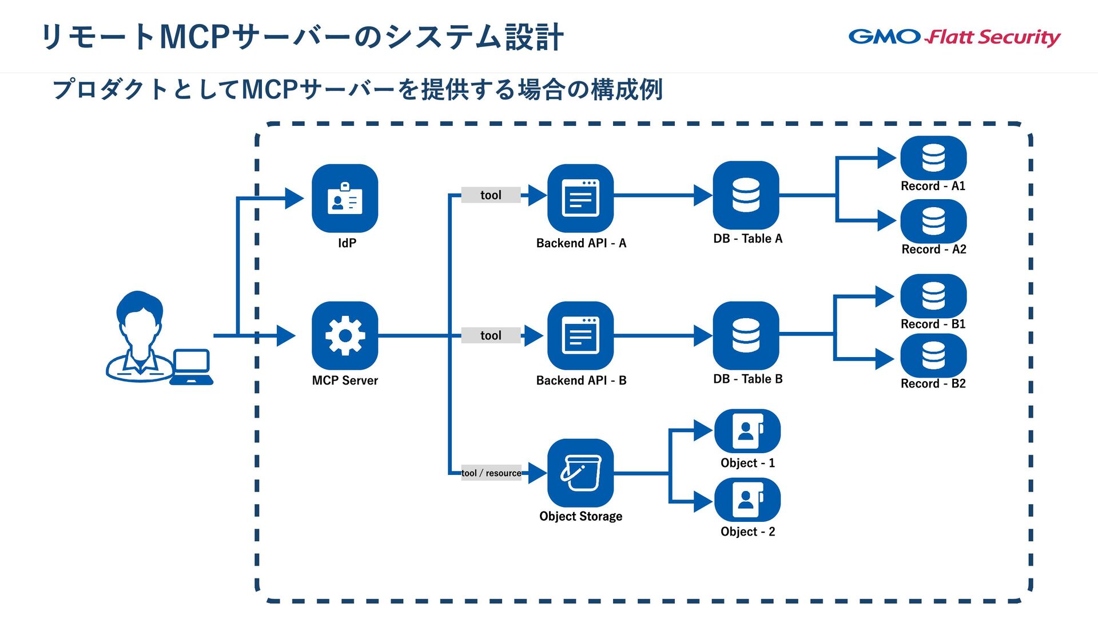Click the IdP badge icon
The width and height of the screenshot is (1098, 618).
pyautogui.click(x=345, y=198)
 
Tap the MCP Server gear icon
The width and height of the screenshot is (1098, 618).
pyautogui.click(x=345, y=335)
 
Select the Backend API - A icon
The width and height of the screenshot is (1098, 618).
pyautogui.click(x=580, y=198)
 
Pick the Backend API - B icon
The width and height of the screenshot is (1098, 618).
pyautogui.click(x=580, y=335)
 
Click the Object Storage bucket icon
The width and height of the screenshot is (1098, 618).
pyautogui.click(x=580, y=473)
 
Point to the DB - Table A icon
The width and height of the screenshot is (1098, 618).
pyautogui.click(x=746, y=195)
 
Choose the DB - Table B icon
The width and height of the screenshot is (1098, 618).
pyautogui.click(x=746, y=335)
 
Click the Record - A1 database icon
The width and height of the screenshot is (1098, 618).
pyautogui.click(x=933, y=157)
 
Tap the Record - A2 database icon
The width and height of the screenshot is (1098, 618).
pyautogui.click(x=933, y=221)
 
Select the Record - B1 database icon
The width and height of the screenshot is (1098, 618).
pyautogui.click(x=933, y=296)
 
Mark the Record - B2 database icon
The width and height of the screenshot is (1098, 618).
pyautogui.click(x=933, y=355)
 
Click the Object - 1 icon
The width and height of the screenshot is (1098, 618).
pyautogui.click(x=747, y=431)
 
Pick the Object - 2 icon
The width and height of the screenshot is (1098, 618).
pyautogui.click(x=747, y=500)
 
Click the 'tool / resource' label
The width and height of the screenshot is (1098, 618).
pyautogui.click(x=491, y=473)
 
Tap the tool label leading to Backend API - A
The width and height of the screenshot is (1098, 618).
pyautogui.click(x=491, y=195)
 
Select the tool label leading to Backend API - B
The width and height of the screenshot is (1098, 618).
pyautogui.click(x=491, y=335)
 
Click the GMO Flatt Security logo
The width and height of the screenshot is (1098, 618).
pyautogui.click(x=954, y=37)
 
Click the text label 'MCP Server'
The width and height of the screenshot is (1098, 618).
pyautogui.click(x=345, y=381)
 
